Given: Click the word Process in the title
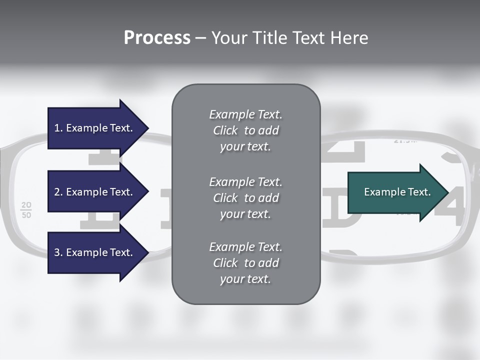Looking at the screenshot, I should tap(157, 38).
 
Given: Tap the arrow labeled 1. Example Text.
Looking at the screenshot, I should tap(95, 128).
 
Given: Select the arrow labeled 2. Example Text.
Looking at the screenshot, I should tap(95, 192).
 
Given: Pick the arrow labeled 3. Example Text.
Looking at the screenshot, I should tap(95, 252).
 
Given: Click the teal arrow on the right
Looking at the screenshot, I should tap(395, 192).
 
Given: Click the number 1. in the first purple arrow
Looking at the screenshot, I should tap(58, 128).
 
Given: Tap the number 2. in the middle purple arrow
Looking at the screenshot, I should tap(58, 192).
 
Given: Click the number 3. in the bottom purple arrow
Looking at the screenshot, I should tap(58, 252).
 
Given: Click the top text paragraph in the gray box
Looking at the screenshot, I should tap(245, 130).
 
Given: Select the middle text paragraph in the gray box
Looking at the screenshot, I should tap(245, 198).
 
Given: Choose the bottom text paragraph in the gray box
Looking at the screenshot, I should tap(245, 263).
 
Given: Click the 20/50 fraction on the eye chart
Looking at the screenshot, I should tap(26, 210).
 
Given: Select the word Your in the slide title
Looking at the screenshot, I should tap(227, 38).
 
